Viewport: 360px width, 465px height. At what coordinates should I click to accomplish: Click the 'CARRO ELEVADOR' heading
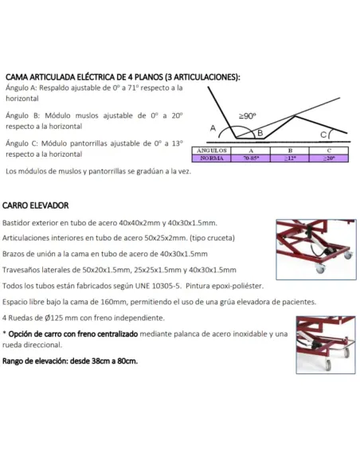tap(35, 204)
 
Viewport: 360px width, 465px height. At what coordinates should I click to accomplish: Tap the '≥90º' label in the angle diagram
tap(248, 115)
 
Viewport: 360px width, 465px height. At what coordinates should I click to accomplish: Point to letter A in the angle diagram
tap(213, 127)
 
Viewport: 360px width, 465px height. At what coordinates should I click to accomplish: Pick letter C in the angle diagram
tap(323, 135)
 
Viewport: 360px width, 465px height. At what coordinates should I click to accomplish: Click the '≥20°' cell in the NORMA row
tap(329, 158)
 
